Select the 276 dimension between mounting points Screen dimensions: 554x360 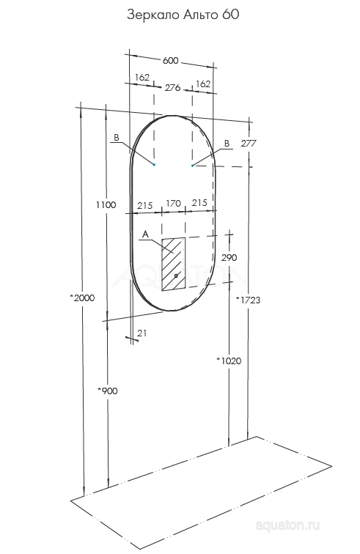[172, 87]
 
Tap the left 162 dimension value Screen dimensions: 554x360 [142, 78]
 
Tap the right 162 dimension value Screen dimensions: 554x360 [203, 84]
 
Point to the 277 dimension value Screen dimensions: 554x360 [248, 144]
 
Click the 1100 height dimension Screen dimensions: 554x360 [106, 205]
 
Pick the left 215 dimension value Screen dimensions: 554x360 [144, 206]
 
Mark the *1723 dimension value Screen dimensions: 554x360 [248, 300]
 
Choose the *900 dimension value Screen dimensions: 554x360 [107, 390]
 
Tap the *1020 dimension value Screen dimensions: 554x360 [229, 361]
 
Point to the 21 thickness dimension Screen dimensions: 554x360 [142, 333]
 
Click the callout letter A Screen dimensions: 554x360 [144, 234]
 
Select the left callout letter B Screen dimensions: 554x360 [116, 137]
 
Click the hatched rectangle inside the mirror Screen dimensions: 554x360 [172, 264]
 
